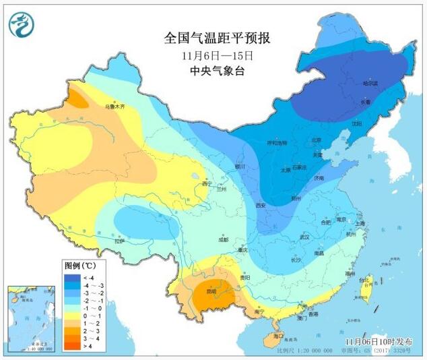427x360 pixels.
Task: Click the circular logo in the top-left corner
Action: point(22,24)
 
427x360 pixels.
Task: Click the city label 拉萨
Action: point(120,241)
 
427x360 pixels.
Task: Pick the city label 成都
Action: point(223,239)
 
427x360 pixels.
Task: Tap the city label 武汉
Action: point(304,237)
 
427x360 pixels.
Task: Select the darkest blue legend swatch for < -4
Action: point(72,276)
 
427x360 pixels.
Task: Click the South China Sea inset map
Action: point(31,318)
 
